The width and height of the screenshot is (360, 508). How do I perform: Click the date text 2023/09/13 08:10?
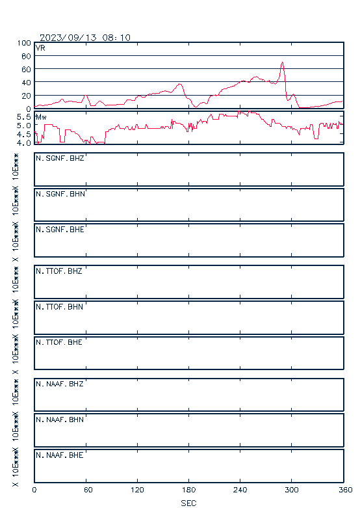(85, 38)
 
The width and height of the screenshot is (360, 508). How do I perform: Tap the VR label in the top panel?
(40, 48)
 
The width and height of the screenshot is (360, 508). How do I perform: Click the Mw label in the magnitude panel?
(41, 117)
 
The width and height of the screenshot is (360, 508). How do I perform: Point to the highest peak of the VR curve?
(282, 62)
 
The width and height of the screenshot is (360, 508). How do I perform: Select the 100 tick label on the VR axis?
(24, 43)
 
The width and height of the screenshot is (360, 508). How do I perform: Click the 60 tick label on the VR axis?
(26, 70)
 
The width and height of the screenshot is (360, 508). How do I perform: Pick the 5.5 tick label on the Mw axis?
(24, 116)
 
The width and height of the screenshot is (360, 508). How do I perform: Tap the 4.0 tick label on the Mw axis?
(24, 142)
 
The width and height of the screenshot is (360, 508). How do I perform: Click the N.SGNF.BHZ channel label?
(60, 158)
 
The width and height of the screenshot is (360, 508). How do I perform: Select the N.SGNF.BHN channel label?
(60, 194)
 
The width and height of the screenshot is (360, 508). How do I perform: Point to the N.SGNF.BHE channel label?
(60, 230)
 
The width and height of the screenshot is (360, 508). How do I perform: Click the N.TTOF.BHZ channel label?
(59, 271)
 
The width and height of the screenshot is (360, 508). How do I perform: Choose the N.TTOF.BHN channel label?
(59, 306)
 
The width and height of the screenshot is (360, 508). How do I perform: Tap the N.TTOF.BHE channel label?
(59, 342)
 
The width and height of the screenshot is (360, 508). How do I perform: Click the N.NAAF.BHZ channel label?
(60, 384)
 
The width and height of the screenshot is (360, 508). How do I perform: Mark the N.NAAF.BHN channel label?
(60, 420)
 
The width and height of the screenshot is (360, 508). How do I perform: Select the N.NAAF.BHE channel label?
(60, 455)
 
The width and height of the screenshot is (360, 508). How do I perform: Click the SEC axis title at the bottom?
(188, 503)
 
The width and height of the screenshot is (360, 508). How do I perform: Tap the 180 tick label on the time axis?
(188, 490)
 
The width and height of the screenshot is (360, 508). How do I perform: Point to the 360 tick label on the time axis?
(346, 490)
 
